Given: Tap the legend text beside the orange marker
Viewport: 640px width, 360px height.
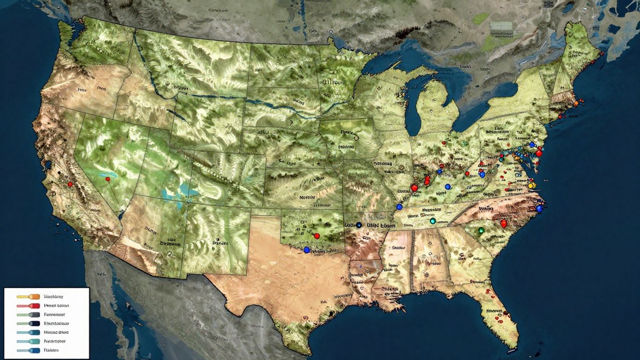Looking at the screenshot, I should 54,297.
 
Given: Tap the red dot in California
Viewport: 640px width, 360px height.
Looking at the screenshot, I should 70,184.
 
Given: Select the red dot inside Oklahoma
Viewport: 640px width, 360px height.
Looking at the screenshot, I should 317,236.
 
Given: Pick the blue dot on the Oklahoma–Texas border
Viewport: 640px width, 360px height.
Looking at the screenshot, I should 307,250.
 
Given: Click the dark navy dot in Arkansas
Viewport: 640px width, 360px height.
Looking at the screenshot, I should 358,225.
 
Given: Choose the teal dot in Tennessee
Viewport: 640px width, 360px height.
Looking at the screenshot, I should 432,220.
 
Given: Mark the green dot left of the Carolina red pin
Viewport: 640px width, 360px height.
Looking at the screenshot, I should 481,230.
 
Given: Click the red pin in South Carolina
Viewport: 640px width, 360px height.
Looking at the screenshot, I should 504,224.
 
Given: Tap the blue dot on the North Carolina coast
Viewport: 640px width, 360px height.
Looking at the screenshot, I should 539,208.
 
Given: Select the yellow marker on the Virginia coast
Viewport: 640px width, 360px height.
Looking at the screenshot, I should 531,186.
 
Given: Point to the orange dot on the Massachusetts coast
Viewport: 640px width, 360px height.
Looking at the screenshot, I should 575,104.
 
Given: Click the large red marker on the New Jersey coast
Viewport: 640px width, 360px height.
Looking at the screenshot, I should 539,153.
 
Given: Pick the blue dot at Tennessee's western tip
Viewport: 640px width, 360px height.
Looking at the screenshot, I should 399,207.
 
